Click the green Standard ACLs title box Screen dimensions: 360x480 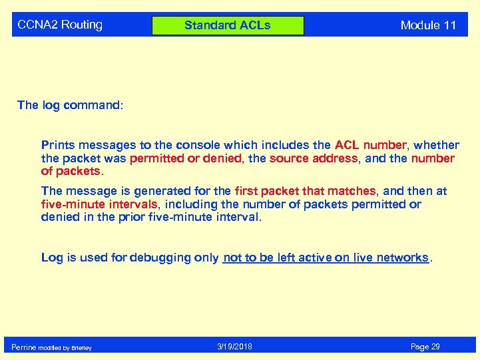point(228,25)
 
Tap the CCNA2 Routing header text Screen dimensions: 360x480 point(60,25)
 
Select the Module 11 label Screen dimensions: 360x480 point(428,25)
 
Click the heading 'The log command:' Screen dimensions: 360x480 point(70,105)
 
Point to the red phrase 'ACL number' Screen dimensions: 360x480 point(370,144)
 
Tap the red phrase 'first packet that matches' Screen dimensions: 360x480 point(305,191)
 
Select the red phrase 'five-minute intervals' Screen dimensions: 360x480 point(99,204)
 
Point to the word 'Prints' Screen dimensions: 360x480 point(59,144)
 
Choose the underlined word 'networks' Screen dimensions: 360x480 point(402,258)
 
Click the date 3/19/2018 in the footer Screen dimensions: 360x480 point(234,347)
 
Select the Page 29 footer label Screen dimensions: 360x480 point(425,347)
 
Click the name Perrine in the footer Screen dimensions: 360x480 point(24,347)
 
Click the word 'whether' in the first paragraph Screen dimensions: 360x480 point(436,144)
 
